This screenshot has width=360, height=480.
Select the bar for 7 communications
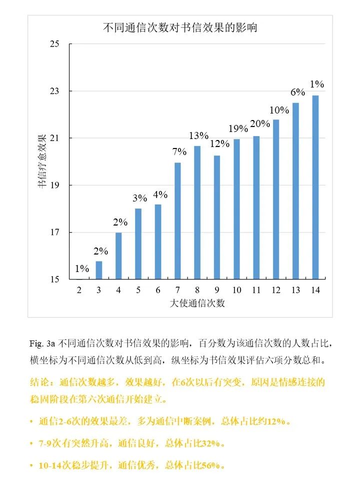177,220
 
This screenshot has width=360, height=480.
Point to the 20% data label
259,123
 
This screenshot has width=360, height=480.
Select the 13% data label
198,135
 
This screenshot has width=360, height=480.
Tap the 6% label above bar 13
298,92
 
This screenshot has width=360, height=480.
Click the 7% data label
179,151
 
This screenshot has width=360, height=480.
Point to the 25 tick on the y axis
54,44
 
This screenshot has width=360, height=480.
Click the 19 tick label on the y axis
54,185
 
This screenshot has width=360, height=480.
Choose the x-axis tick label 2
79,290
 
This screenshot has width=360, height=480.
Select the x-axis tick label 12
276,290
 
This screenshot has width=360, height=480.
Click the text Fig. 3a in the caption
42,344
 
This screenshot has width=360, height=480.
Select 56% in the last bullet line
210,465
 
